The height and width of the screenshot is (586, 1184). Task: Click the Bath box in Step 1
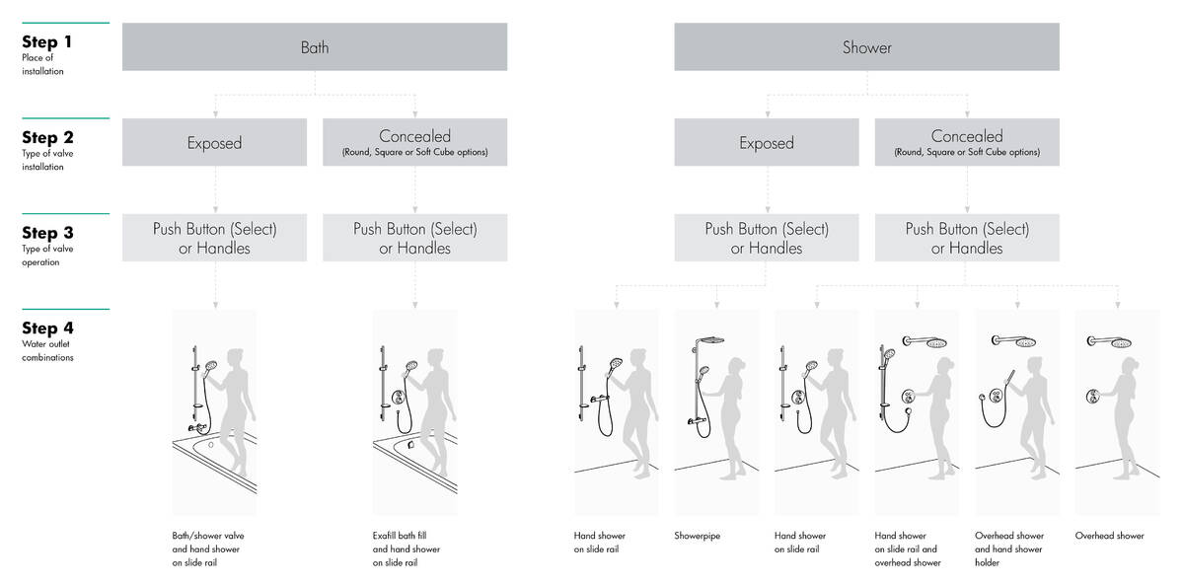(x=315, y=46)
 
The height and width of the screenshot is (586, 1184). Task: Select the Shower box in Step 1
(x=867, y=46)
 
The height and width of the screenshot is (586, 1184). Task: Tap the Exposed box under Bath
(x=215, y=142)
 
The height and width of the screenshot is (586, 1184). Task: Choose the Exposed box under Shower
(x=767, y=142)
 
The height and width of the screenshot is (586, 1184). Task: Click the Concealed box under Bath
(x=415, y=142)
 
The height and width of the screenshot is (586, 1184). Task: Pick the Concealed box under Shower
(x=967, y=142)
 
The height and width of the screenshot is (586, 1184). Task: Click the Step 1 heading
(x=46, y=41)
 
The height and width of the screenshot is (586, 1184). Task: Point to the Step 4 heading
(x=47, y=329)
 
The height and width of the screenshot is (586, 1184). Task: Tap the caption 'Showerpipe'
(x=698, y=536)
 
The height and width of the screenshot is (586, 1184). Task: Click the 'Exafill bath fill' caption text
(x=400, y=536)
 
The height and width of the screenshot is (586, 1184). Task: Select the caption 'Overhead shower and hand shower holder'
(x=1009, y=549)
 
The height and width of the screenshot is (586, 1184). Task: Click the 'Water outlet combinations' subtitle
(x=47, y=351)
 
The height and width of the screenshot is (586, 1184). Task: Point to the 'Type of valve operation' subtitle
(x=47, y=256)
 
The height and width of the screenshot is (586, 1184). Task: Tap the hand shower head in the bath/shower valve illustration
(x=211, y=366)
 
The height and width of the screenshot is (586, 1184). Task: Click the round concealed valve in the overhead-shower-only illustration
(x=1093, y=396)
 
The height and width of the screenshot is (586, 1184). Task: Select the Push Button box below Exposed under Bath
(x=215, y=238)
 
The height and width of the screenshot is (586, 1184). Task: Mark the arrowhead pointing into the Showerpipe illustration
(x=716, y=305)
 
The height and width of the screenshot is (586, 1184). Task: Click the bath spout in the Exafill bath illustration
(x=410, y=445)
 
